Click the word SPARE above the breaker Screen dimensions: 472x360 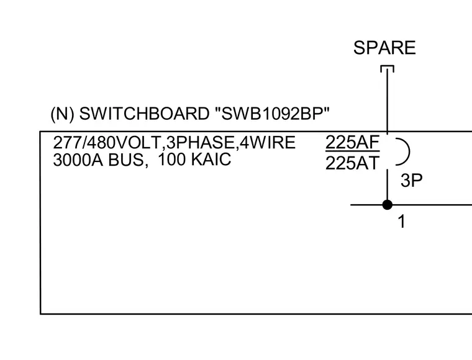coord(384,48)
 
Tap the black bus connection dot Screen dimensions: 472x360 coord(387,205)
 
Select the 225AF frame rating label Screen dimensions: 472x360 coord(352,142)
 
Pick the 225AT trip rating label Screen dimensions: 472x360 coord(352,163)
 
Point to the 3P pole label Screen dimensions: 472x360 coord(412,181)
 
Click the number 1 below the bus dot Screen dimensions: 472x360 coord(402,222)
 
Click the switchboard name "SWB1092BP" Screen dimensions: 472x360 coord(273,114)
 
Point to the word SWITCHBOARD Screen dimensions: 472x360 coord(144,114)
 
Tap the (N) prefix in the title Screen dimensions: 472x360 coord(62,114)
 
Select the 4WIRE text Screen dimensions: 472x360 coord(267,142)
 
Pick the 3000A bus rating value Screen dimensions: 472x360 coord(78,160)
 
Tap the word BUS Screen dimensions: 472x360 coord(126,160)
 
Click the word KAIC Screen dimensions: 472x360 coord(211,159)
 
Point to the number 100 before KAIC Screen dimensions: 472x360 coord(172,159)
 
